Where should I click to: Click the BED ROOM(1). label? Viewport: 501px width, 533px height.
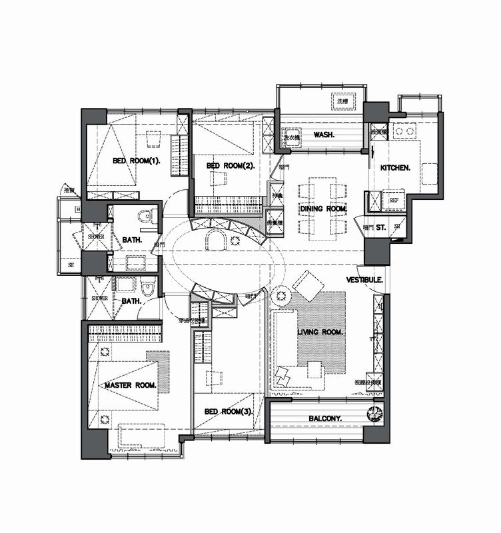pyautogui.click(x=137, y=161)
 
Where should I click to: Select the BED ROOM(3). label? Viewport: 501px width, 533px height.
pyautogui.click(x=228, y=412)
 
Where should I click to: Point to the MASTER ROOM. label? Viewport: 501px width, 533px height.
pyautogui.click(x=131, y=386)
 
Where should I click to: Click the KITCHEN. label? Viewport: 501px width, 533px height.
pyautogui.click(x=394, y=168)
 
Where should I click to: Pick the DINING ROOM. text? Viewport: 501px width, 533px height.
pyautogui.click(x=324, y=209)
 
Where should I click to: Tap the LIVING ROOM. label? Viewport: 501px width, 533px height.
pyautogui.click(x=320, y=332)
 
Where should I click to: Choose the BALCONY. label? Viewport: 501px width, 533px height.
pyautogui.click(x=325, y=418)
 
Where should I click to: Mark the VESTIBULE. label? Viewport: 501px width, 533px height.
pyautogui.click(x=364, y=280)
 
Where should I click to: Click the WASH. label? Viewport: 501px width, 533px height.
pyautogui.click(x=323, y=135)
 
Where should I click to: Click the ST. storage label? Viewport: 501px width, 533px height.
pyautogui.click(x=381, y=227)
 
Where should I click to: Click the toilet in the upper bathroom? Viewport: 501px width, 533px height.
pyautogui.click(x=147, y=217)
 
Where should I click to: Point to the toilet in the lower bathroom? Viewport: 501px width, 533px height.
pyautogui.click(x=147, y=289)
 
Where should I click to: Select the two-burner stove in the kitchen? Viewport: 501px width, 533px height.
pyautogui.click(x=379, y=133)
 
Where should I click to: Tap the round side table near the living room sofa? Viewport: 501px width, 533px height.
pyautogui.click(x=279, y=294)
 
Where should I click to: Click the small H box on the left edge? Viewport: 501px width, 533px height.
pyautogui.click(x=79, y=211)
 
